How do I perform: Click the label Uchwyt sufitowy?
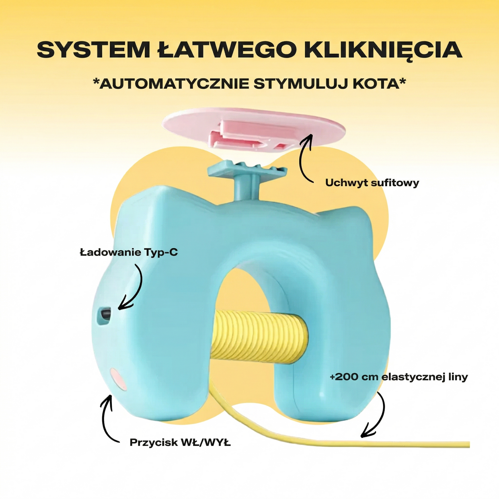click(372, 183)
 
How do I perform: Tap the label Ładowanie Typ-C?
click(129, 252)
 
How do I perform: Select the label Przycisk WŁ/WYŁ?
click(180, 442)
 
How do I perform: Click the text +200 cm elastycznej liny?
click(399, 377)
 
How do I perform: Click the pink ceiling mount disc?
click(254, 129)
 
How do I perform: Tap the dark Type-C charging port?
click(105, 314)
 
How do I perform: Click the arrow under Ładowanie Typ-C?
click(133, 288)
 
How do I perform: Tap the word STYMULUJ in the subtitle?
click(300, 84)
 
